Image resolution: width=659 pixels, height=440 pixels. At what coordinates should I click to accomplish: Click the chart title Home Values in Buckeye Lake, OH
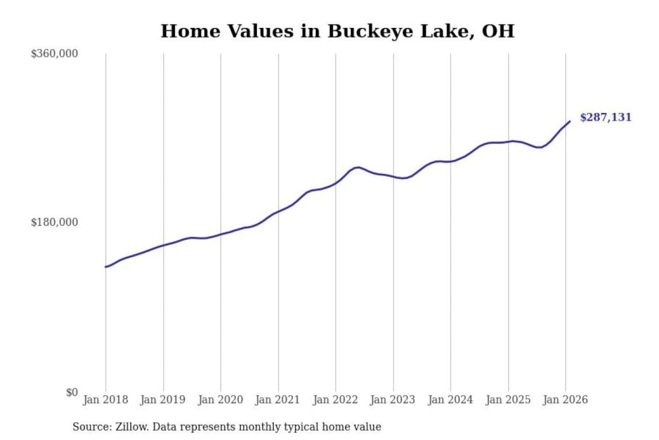(x=337, y=31)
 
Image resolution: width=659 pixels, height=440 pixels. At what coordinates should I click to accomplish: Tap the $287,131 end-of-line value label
(x=605, y=117)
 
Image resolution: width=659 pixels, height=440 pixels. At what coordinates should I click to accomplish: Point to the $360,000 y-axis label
(x=54, y=54)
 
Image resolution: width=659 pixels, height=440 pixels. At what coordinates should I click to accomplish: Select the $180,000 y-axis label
(x=54, y=222)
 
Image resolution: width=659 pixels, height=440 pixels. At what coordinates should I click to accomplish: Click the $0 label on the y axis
(x=72, y=392)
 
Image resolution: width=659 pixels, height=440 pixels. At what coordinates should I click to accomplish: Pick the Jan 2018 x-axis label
(x=105, y=400)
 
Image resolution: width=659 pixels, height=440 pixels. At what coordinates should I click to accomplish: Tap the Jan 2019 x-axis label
(x=163, y=400)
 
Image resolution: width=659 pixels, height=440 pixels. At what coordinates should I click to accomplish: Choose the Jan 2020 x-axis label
(x=220, y=400)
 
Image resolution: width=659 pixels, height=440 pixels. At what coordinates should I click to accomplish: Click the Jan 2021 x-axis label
(x=277, y=400)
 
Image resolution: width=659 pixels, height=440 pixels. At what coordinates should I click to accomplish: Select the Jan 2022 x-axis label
(x=335, y=400)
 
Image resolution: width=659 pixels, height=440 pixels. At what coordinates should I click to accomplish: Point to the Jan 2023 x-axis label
(x=393, y=400)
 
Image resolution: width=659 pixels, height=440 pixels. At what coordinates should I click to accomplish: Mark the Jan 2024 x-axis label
(x=450, y=400)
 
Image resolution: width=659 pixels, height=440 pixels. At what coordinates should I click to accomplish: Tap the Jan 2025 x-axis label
(x=508, y=400)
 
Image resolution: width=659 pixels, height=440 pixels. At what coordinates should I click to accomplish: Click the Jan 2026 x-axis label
(x=565, y=400)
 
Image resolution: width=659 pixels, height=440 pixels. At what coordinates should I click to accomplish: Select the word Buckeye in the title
(x=370, y=31)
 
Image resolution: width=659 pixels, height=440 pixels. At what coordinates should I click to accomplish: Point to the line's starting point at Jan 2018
(x=106, y=267)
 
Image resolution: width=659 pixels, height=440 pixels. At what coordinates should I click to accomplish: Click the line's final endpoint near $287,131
(x=570, y=121)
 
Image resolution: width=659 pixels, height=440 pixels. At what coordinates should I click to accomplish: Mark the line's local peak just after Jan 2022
(x=357, y=167)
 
